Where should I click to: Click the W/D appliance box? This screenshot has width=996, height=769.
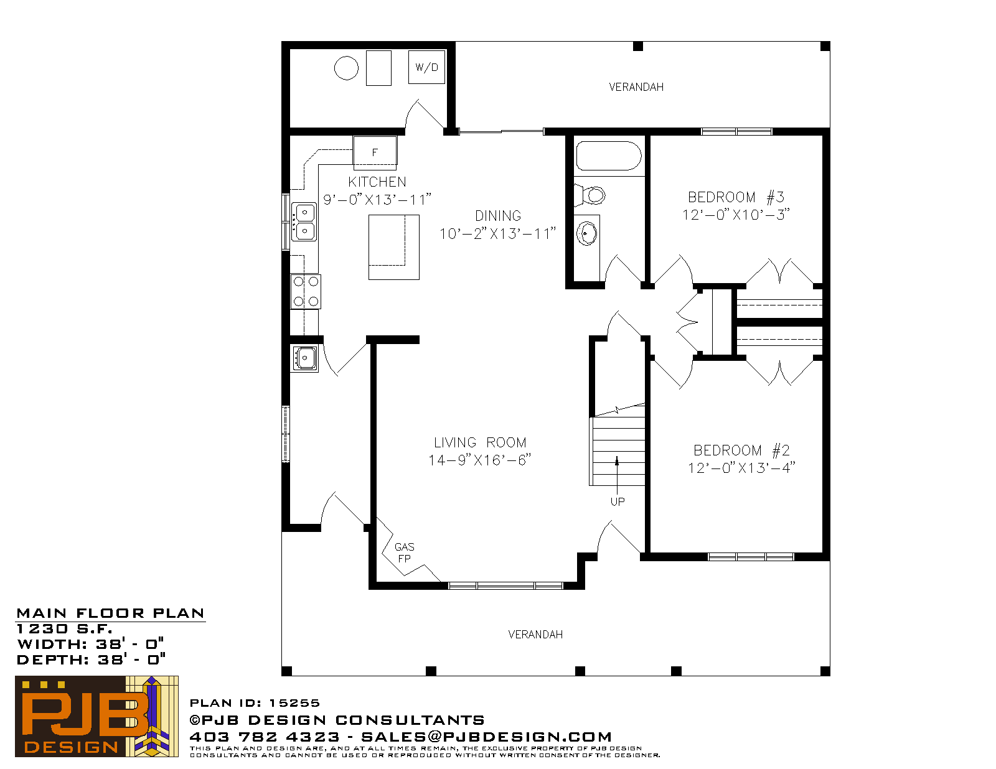pyautogui.click(x=426, y=67)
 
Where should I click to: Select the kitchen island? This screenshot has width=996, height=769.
pyautogui.click(x=393, y=247)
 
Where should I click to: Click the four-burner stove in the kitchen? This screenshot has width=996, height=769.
pyautogui.click(x=306, y=292)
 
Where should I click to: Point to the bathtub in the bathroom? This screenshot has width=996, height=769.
pyautogui.click(x=609, y=156)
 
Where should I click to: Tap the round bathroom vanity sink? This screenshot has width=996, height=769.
pyautogui.click(x=587, y=233)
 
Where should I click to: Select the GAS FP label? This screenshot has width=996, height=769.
pyautogui.click(x=404, y=553)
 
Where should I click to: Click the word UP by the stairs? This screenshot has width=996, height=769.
pyautogui.click(x=618, y=501)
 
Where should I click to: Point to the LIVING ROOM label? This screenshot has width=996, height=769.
pyautogui.click(x=480, y=442)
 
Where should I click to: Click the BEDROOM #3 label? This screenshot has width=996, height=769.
pyautogui.click(x=736, y=197)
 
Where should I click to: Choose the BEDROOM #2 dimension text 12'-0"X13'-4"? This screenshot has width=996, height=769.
pyautogui.click(x=741, y=468)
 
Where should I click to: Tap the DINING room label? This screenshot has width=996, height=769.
pyautogui.click(x=498, y=216)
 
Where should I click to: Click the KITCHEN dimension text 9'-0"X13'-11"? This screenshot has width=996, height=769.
pyautogui.click(x=377, y=200)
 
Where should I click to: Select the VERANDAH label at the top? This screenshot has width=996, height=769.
pyautogui.click(x=636, y=87)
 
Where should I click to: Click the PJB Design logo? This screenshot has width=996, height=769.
pyautogui.click(x=96, y=716)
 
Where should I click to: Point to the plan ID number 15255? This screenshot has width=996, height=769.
pyautogui.click(x=294, y=703)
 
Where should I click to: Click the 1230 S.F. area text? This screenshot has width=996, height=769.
pyautogui.click(x=64, y=629)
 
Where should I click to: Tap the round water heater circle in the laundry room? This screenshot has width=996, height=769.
pyautogui.click(x=346, y=68)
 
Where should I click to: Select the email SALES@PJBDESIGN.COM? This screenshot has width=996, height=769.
pyautogui.click(x=486, y=737)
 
